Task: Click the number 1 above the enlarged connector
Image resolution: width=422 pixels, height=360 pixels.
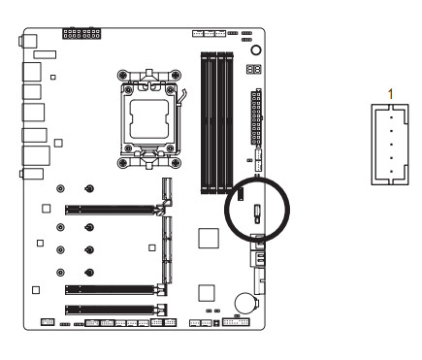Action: point(391,94)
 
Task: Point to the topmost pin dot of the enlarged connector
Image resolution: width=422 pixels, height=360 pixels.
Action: point(391,117)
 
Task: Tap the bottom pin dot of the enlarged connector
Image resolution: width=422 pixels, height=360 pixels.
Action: point(391,172)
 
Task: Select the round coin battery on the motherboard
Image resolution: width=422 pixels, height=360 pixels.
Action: point(245,303)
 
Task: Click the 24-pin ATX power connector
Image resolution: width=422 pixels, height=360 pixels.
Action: point(256,117)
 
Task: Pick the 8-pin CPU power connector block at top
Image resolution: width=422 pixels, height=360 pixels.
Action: point(81,34)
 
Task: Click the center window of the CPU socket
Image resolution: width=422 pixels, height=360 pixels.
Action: point(149,119)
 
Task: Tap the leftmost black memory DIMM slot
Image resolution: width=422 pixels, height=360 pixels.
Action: point(205,123)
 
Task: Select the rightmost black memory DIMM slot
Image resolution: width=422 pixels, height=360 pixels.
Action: point(229,123)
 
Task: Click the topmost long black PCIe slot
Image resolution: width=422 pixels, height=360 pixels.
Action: point(110,210)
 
